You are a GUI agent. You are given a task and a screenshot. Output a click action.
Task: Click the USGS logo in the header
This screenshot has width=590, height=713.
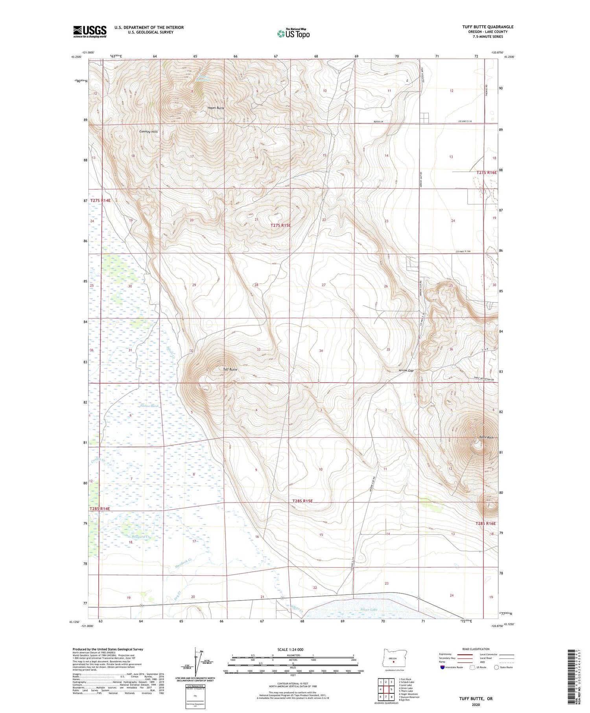[90, 31]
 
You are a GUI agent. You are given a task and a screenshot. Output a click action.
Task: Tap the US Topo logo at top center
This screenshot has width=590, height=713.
[293, 33]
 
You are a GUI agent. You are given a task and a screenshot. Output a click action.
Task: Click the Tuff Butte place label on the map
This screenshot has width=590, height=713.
[230, 370]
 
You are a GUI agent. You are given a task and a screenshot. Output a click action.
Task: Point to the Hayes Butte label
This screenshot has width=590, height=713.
[216, 108]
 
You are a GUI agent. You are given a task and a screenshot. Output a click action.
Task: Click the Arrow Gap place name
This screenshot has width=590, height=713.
[406, 370]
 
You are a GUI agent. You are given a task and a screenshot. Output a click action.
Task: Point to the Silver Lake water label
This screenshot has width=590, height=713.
[369, 610]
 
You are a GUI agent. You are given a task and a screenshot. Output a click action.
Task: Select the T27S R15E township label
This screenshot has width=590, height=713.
[281, 225]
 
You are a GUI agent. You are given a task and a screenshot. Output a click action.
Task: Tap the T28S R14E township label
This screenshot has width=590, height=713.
[100, 508]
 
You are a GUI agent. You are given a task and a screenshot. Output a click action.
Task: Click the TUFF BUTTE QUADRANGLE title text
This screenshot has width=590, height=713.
[488, 27]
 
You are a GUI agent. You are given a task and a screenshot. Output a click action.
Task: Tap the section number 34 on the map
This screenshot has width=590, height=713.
[321, 350]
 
